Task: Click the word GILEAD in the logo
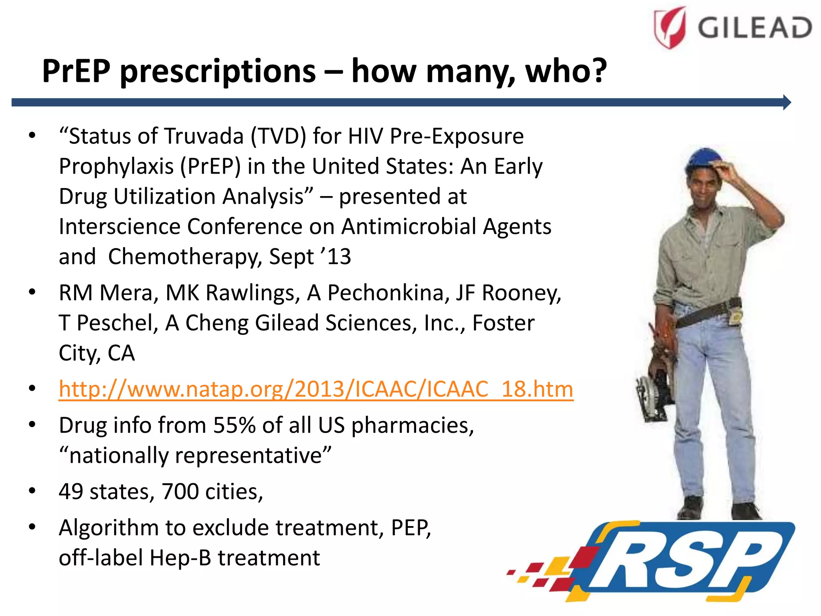754,28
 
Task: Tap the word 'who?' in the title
566,71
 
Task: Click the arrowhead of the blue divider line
787,102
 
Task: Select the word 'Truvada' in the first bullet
204,136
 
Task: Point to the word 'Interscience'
119,227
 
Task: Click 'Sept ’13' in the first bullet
309,257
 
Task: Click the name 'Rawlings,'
233,293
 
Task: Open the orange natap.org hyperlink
316,389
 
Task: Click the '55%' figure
234,425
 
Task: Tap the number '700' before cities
180,492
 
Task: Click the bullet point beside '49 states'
32,491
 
